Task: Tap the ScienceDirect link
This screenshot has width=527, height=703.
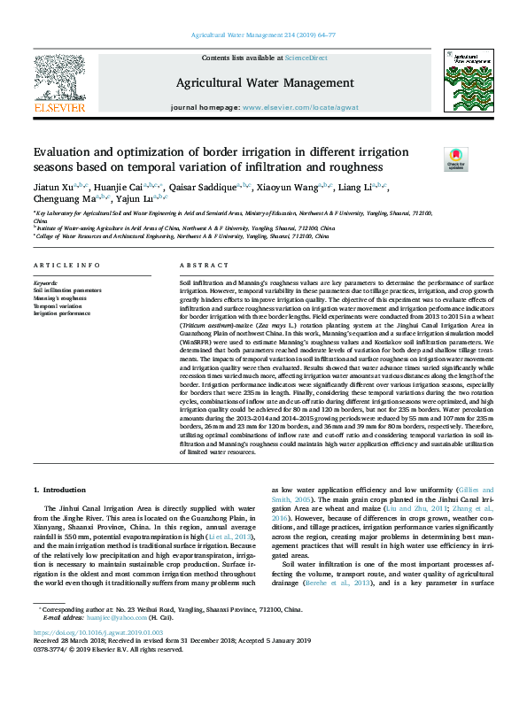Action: tap(306, 58)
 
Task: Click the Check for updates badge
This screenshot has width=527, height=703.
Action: tap(430, 159)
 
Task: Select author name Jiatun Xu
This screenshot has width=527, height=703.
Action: tap(50, 188)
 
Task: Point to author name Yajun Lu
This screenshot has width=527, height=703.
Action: tap(134, 199)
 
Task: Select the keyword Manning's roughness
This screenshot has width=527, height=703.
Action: tap(59, 296)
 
